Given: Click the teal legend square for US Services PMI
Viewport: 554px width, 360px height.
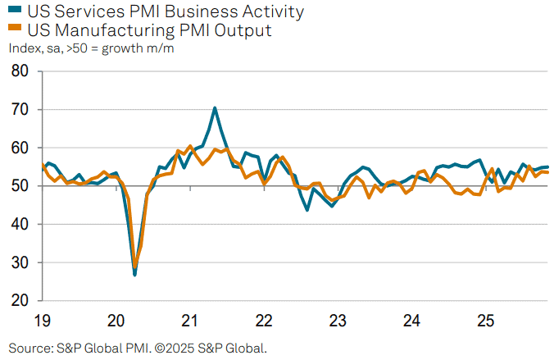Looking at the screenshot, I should (x=14, y=12).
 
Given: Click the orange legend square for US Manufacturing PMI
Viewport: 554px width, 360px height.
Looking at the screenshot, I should (x=14, y=31).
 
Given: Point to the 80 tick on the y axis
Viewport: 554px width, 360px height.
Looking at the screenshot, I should (x=21, y=71).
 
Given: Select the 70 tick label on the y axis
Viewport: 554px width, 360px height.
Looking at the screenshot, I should (x=21, y=110).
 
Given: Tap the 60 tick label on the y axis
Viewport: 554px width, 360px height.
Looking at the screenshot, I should (x=21, y=148).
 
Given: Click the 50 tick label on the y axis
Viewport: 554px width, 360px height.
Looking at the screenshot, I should (x=21, y=186).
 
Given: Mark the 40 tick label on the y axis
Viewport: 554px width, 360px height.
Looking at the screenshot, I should (x=21, y=225).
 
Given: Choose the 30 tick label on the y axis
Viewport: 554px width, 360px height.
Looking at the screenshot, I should (x=21, y=262).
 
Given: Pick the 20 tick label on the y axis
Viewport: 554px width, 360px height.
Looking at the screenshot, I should (x=21, y=301).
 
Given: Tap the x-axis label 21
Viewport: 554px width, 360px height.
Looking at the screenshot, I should (x=190, y=320).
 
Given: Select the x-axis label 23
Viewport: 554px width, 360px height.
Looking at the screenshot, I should (x=338, y=320).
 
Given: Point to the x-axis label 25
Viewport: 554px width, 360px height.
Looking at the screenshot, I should (x=485, y=320).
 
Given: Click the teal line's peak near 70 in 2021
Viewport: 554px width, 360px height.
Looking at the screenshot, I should (x=215, y=107).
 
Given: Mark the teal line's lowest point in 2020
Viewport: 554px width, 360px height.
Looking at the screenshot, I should (x=134, y=275).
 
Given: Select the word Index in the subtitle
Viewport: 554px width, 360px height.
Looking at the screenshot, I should (x=25, y=48).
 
